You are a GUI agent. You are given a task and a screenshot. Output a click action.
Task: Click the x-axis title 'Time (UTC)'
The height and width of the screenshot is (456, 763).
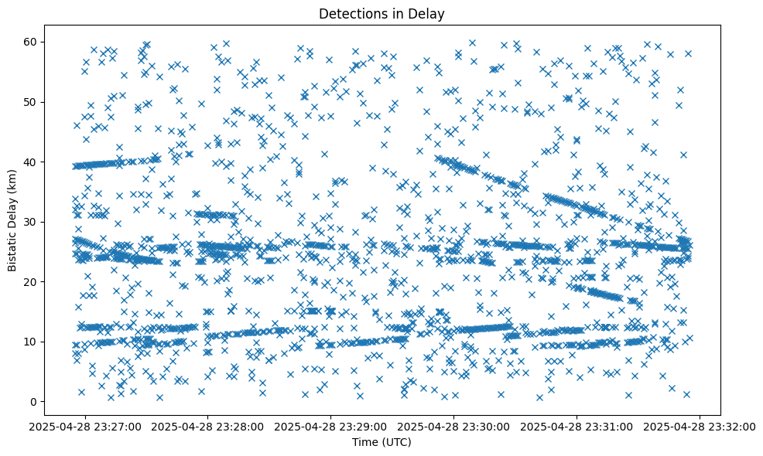pyautogui.click(x=381, y=443)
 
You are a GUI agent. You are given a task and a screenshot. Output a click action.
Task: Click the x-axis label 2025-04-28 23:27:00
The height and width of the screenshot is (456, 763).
pyautogui.click(x=86, y=426)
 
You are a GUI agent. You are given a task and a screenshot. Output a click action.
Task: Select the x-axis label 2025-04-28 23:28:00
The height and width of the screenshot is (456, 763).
pyautogui.click(x=209, y=426)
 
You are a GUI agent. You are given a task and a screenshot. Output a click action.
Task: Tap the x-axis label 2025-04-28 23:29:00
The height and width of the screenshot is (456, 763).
pyautogui.click(x=331, y=426)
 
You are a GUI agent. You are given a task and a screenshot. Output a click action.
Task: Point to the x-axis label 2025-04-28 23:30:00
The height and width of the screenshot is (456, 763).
pyautogui.click(x=454, y=426)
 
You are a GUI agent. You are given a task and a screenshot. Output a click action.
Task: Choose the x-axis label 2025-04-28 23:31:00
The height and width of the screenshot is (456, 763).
pyautogui.click(x=577, y=426)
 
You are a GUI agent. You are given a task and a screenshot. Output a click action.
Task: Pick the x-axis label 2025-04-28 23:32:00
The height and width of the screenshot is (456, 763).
pyautogui.click(x=700, y=426)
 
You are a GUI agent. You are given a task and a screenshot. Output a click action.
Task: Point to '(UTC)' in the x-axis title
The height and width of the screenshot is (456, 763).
pyautogui.click(x=396, y=443)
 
